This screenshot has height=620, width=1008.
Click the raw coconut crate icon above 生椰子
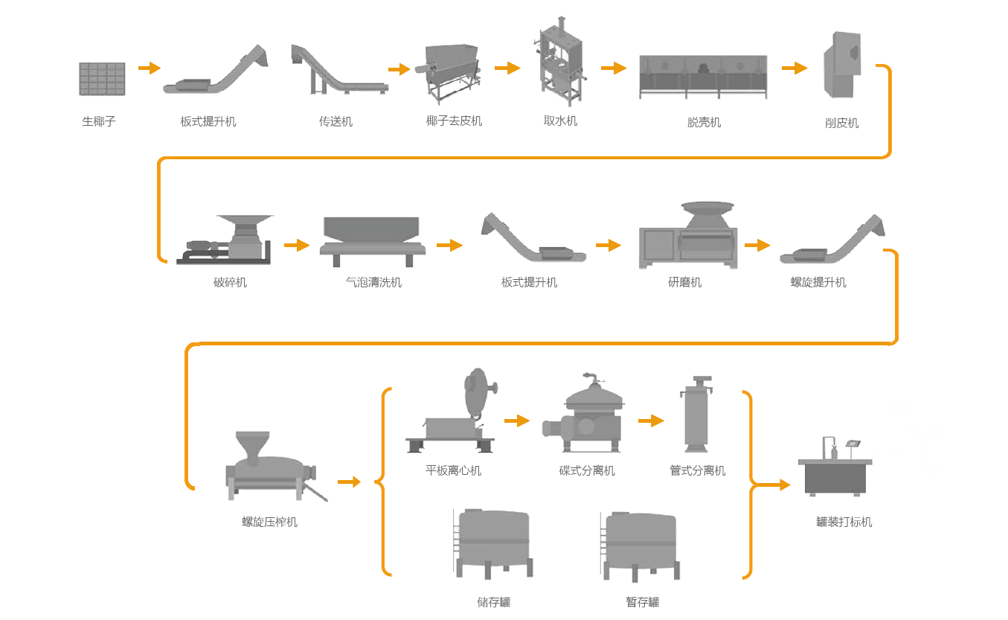click(x=102, y=79)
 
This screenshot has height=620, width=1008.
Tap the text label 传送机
click(x=336, y=121)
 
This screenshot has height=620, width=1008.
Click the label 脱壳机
click(x=704, y=122)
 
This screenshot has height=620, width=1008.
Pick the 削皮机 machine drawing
click(x=842, y=65)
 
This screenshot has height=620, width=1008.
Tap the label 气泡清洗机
click(x=373, y=283)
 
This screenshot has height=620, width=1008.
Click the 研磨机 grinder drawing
click(x=688, y=236)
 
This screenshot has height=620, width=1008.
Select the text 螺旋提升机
click(x=818, y=283)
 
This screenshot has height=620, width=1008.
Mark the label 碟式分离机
click(x=587, y=471)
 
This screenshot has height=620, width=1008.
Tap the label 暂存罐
click(x=642, y=602)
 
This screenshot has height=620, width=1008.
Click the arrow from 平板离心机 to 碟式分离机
click(x=516, y=421)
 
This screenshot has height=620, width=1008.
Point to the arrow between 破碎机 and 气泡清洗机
click(x=296, y=245)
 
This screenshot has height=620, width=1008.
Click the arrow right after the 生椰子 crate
click(x=149, y=68)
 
